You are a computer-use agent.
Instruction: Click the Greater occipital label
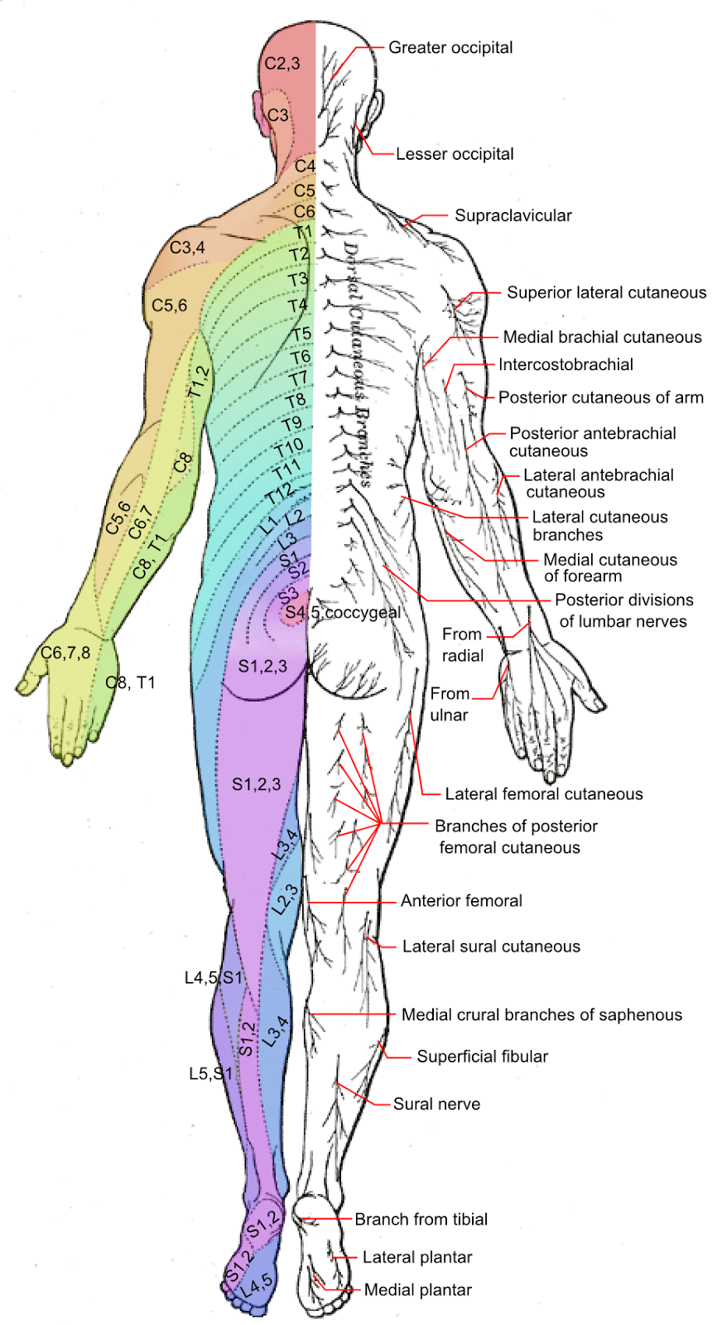click(450, 48)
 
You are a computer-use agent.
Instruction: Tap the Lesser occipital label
click(455, 154)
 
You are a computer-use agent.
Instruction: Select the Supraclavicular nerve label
click(513, 216)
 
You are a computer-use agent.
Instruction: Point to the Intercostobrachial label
click(566, 364)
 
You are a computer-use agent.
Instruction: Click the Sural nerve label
click(436, 1104)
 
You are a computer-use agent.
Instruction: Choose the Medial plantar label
click(418, 1290)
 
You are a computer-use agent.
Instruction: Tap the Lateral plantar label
click(417, 1257)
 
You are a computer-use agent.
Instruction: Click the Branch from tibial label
click(421, 1219)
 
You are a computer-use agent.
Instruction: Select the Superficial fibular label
click(483, 1057)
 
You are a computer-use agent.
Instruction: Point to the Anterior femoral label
click(461, 901)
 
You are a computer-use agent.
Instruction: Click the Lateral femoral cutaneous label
click(544, 794)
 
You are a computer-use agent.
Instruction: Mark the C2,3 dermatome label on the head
click(282, 64)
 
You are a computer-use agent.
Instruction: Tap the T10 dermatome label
click(290, 447)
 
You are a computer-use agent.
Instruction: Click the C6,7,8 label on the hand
click(65, 653)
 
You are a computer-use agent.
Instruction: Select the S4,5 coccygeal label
click(343, 613)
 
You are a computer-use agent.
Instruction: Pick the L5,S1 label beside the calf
click(211, 1074)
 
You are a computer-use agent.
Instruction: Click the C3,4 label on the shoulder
click(187, 248)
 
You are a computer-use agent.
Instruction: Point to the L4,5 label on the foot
click(258, 1284)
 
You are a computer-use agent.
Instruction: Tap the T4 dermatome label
click(298, 306)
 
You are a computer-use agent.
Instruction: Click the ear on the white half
click(377, 108)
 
